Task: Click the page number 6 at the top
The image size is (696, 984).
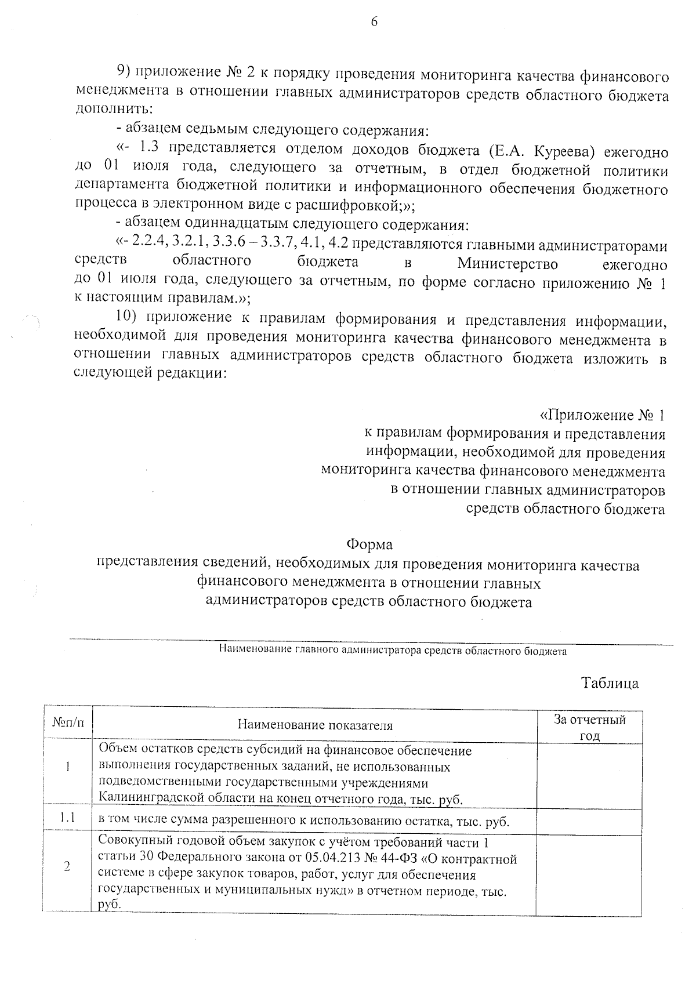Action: click(374, 23)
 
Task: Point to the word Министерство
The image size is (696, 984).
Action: click(507, 264)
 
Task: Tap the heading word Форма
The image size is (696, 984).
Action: click(369, 545)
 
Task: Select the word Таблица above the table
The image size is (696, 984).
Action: click(610, 684)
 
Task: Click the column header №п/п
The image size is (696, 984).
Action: click(68, 723)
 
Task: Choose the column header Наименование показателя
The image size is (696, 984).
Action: click(315, 725)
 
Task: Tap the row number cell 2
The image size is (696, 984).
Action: click(68, 866)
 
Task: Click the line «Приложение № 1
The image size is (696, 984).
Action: click(602, 415)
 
